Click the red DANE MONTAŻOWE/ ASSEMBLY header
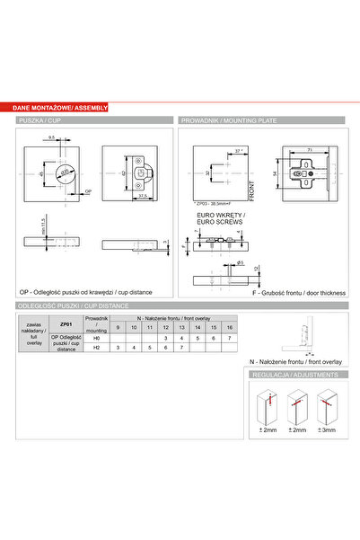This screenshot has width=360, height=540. pyautogui.click(x=61, y=107)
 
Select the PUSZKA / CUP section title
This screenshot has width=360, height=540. pyautogui.click(x=42, y=120)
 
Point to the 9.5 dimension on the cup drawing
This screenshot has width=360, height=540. pyautogui.click(x=53, y=137)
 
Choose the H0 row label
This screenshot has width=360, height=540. pyautogui.click(x=96, y=337)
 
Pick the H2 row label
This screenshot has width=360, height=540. pyautogui.click(x=96, y=348)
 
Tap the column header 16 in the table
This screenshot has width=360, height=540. pyautogui.click(x=230, y=327)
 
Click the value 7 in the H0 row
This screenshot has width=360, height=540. pyautogui.click(x=230, y=337)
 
